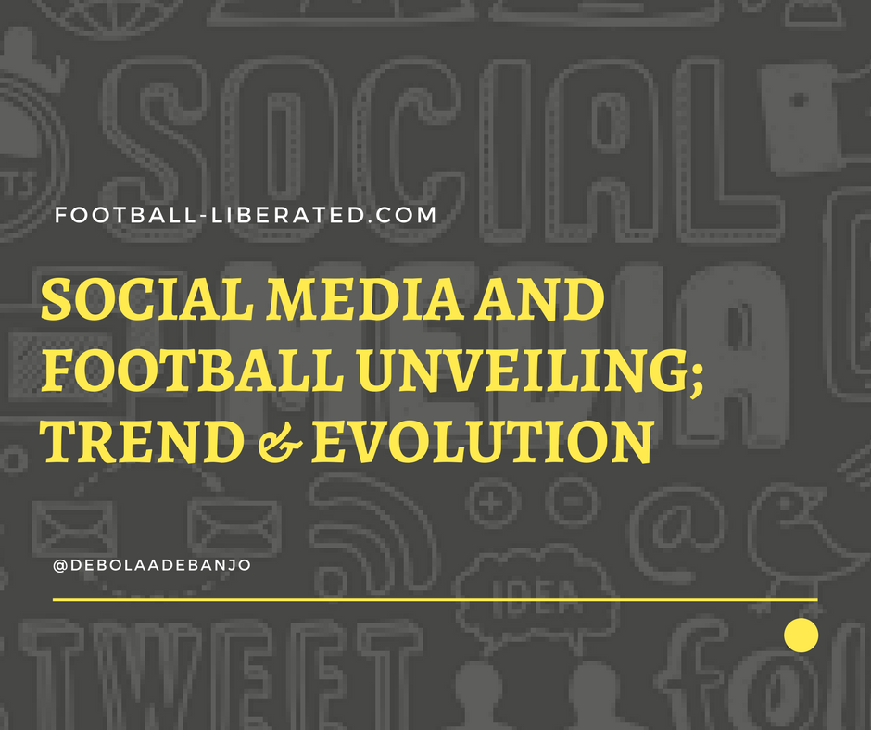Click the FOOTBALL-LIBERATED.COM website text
pos(246,216)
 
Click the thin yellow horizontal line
pos(435,600)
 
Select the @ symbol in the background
pos(681,528)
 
